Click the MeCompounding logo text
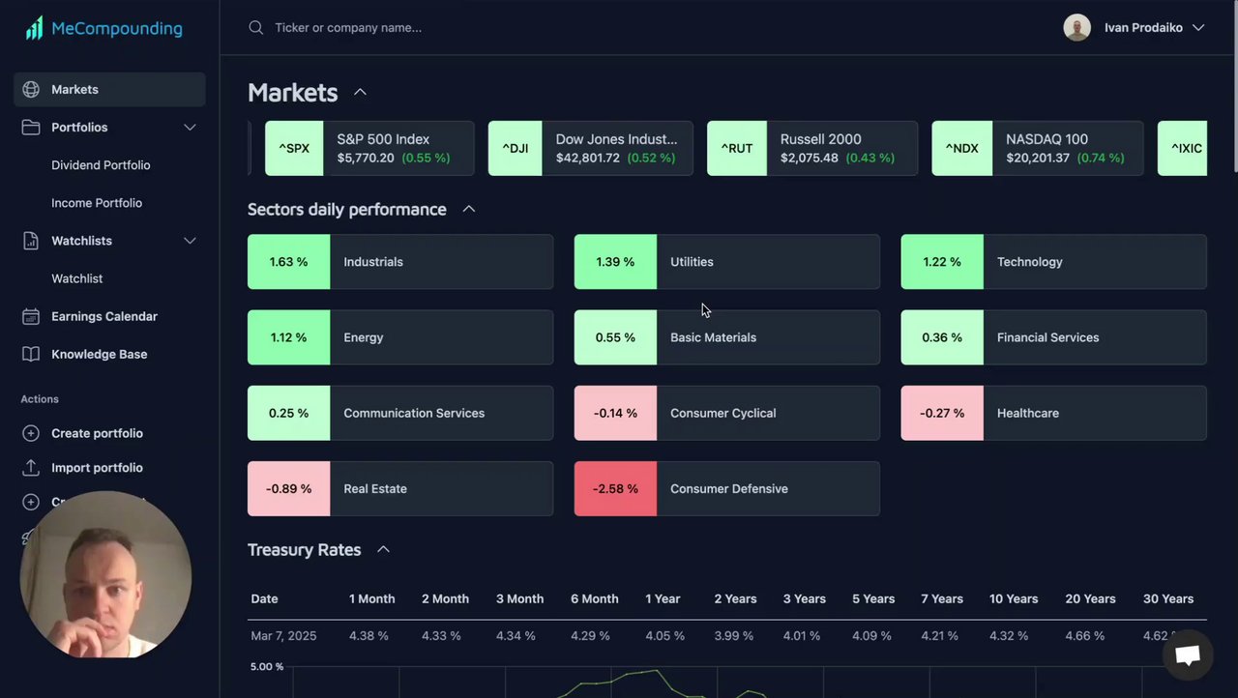(x=116, y=29)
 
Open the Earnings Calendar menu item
(x=103, y=316)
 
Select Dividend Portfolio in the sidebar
(x=101, y=165)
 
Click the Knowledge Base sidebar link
(x=99, y=354)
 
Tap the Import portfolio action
(x=97, y=468)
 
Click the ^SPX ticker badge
(x=294, y=149)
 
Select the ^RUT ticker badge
(x=736, y=149)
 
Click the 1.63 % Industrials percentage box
(x=288, y=262)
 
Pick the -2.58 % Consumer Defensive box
(x=615, y=489)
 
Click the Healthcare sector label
(x=1027, y=414)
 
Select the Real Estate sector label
(x=374, y=489)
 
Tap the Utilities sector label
(x=692, y=262)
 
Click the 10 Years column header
(x=1013, y=599)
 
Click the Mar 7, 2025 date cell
(x=283, y=636)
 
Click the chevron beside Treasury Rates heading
(x=383, y=550)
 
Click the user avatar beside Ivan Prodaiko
(x=1076, y=28)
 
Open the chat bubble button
(x=1187, y=655)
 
